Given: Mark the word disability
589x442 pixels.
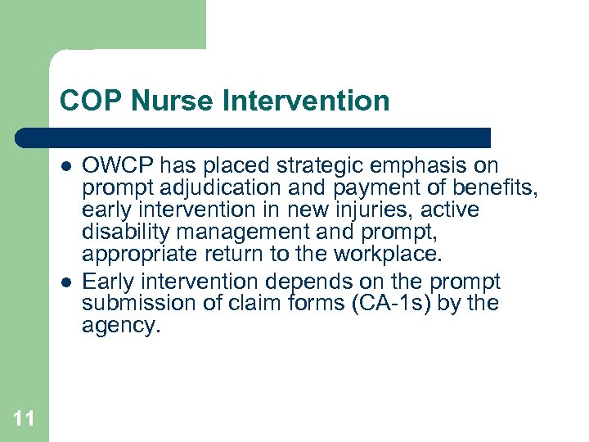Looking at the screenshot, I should pos(123,232).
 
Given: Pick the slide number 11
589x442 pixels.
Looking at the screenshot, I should pos(24,419).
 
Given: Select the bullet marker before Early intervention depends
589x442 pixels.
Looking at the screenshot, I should pos(65,282).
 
